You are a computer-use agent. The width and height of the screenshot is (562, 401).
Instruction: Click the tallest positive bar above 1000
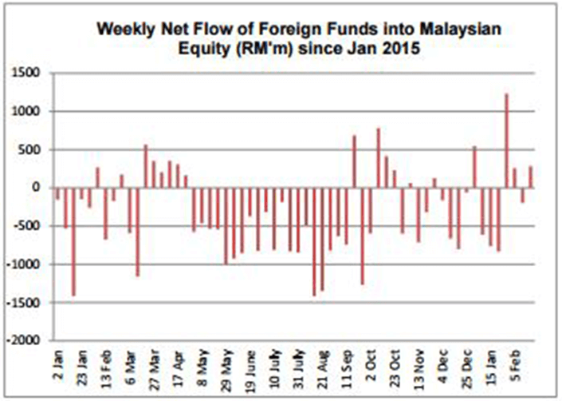506,141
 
